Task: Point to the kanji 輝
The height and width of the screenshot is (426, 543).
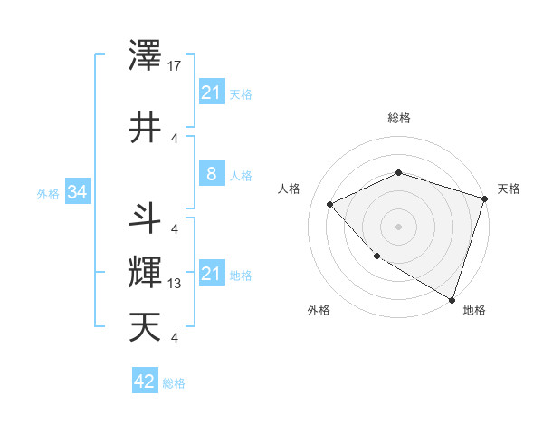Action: click(146, 272)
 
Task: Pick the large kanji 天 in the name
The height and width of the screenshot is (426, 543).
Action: click(146, 325)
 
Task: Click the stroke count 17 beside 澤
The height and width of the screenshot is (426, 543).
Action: click(175, 66)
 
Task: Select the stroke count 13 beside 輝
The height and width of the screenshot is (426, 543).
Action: click(175, 284)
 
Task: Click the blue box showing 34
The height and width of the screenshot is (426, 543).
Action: click(77, 192)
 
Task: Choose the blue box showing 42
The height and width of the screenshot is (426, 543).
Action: click(144, 382)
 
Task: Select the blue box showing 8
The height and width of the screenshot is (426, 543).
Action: click(211, 174)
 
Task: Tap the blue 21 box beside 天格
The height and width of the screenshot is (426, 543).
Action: click(211, 92)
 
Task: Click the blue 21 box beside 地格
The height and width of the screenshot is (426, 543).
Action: click(211, 274)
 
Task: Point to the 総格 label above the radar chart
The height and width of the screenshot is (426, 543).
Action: click(398, 118)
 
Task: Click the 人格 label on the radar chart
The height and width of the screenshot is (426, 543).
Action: click(290, 189)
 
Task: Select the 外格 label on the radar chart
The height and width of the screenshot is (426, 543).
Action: click(319, 310)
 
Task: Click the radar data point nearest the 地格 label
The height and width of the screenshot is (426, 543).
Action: click(452, 299)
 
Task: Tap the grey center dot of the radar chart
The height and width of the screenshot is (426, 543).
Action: click(398, 226)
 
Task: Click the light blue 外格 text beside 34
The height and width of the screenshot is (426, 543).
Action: click(47, 193)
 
